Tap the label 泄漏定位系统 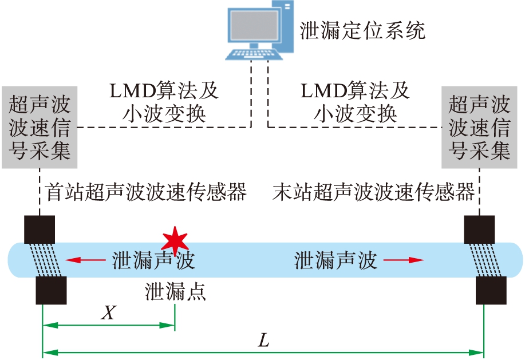(x=362, y=30)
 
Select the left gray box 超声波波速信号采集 (x=40, y=128)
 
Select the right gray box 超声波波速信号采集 (x=479, y=128)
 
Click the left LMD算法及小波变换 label (x=164, y=101)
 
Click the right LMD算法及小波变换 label (x=355, y=101)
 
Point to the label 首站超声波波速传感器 (x=146, y=192)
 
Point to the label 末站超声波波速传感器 (x=374, y=192)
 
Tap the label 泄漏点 (x=175, y=292)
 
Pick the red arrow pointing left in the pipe (x=81, y=260)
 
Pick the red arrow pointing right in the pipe (x=404, y=260)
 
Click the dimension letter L (x=263, y=341)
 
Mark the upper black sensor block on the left (x=40, y=230)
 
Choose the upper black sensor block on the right (x=479, y=230)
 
